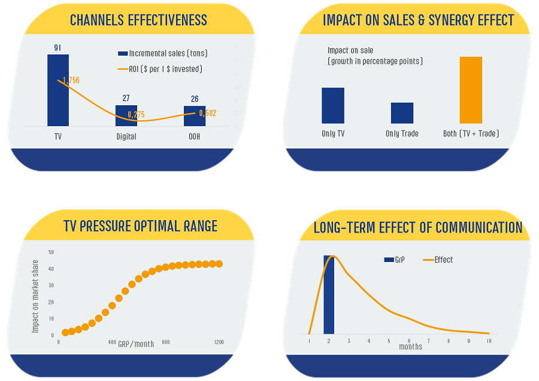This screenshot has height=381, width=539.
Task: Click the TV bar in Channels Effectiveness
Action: (58, 93)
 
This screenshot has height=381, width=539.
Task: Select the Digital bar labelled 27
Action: (126, 116)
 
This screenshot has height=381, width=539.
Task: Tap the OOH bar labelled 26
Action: (195, 116)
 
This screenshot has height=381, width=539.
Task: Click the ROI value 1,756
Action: (71, 80)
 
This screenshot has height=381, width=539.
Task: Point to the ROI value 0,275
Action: (136, 114)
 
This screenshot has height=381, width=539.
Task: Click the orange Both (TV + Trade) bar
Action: (471, 90)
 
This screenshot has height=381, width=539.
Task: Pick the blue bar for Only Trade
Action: (402, 113)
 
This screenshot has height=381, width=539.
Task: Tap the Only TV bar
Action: (333, 106)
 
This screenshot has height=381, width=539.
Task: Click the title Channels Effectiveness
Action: (138, 20)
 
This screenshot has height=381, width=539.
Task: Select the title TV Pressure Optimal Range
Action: (140, 226)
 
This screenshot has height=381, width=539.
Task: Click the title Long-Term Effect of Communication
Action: (418, 227)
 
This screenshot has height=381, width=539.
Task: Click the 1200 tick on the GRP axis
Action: (219, 342)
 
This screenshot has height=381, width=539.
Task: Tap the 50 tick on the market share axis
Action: (51, 252)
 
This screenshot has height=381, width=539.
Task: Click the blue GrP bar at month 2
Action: (329, 295)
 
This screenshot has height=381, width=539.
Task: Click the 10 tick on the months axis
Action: (489, 341)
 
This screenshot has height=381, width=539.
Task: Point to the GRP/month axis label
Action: (136, 344)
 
